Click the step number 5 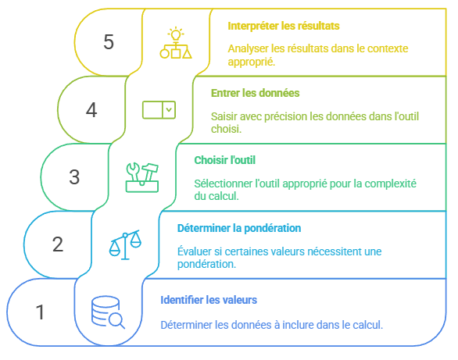click(109, 42)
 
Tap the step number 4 click(91, 110)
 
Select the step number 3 click(74, 177)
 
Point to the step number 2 click(58, 244)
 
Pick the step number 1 click(40, 312)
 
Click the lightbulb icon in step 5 click(176, 34)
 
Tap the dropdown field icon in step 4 click(159, 110)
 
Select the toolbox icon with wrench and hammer click(142, 177)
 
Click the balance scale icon click(125, 244)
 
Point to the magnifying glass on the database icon click(116, 321)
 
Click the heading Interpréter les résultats click(284, 26)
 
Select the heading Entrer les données click(256, 93)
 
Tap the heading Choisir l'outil click(225, 160)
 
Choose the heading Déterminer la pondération click(239, 228)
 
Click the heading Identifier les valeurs click(209, 300)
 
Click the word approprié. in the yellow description click(252, 62)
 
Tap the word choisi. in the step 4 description click(227, 129)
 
